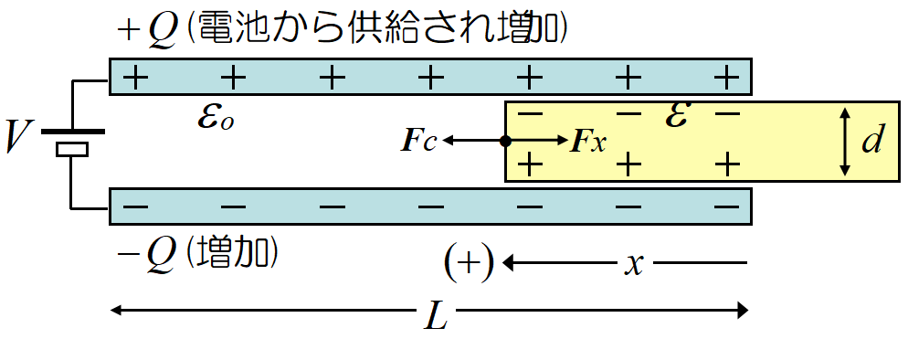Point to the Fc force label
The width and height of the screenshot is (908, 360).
(x=419, y=141)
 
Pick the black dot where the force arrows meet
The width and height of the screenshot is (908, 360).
(x=505, y=141)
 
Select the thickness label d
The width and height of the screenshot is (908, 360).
(x=873, y=141)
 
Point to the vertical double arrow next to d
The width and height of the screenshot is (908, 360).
(x=846, y=141)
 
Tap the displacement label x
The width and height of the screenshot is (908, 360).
(x=632, y=264)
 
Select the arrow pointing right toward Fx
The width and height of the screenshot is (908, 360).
(x=539, y=141)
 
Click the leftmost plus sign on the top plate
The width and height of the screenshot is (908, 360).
(x=135, y=77)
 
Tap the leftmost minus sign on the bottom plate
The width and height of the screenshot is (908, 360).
(x=135, y=206)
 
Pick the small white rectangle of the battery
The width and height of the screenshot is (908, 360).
(x=71, y=150)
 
